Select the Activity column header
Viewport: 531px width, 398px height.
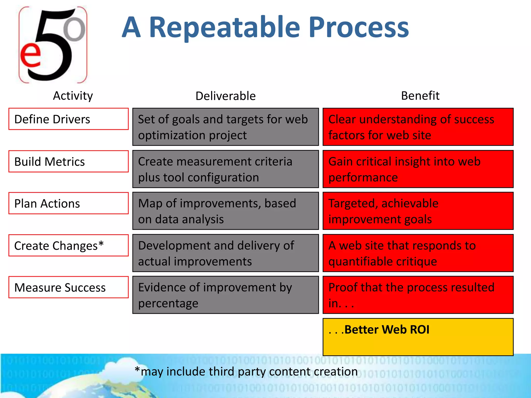(x=73, y=96)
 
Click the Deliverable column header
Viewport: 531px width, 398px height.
(x=226, y=96)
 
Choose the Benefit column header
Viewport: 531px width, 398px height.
(x=420, y=96)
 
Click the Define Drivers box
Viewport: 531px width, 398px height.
(x=68, y=119)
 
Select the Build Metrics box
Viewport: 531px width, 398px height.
(x=68, y=161)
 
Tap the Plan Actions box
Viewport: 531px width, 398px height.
(x=68, y=203)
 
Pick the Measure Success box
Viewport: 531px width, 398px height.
(x=68, y=287)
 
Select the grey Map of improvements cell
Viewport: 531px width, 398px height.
(x=226, y=211)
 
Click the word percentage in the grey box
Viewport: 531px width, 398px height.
(x=168, y=303)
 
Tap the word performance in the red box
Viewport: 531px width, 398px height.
(x=363, y=178)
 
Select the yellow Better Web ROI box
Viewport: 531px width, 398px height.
(x=418, y=337)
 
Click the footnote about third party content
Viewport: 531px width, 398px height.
(x=246, y=372)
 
